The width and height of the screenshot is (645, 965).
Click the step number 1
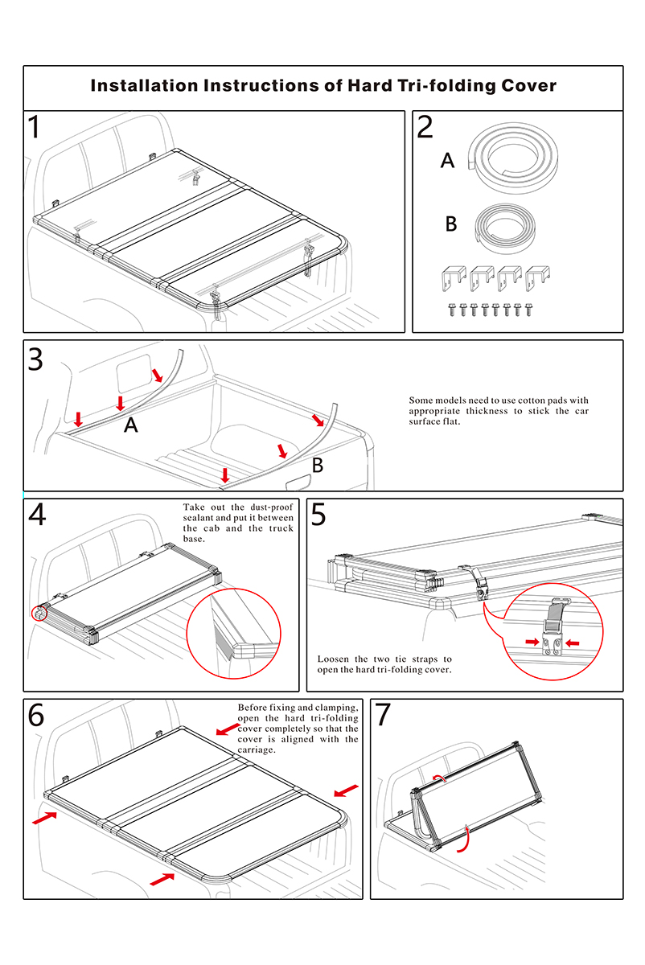pos(35,129)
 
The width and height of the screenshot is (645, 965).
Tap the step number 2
pos(425,129)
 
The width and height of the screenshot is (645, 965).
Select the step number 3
pos(35,359)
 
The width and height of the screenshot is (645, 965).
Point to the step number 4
pos(37,515)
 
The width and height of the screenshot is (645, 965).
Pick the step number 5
pos(318,515)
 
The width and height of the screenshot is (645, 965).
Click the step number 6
pos(36,715)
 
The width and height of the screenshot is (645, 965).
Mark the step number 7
pos(383,715)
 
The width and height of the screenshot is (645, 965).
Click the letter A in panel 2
pos(448,162)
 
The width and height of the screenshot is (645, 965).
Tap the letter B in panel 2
pos(451,224)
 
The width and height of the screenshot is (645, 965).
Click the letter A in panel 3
pos(131,427)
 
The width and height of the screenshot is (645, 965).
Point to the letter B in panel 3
pos(318,465)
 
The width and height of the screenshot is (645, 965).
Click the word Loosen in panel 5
pos(335,659)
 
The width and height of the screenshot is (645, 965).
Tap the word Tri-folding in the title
pos(446,86)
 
